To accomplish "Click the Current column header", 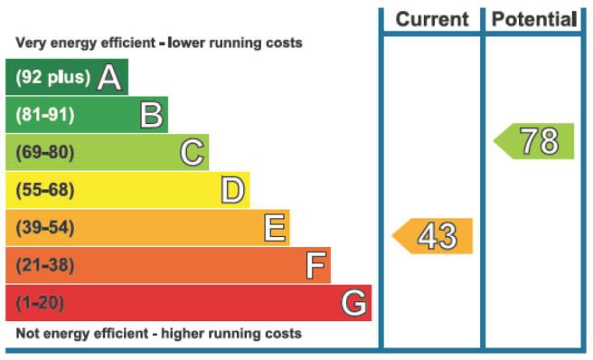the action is click(x=432, y=19).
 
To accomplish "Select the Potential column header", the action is click(x=534, y=19).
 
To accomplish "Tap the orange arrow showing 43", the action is click(x=432, y=236).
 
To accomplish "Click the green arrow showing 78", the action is click(x=533, y=141).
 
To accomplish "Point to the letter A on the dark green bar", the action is click(x=109, y=77).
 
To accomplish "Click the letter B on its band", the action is click(x=152, y=115).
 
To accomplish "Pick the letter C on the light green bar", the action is click(x=193, y=153).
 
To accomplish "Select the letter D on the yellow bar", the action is click(x=233, y=190).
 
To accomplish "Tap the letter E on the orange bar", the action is click(x=275, y=228).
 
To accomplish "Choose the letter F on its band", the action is click(x=315, y=265).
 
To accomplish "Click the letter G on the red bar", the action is click(x=354, y=302).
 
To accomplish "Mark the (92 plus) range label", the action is click(x=53, y=77).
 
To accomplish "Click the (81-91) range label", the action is click(x=45, y=115).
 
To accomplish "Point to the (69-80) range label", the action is click(x=45, y=153).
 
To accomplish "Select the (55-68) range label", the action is click(x=45, y=190).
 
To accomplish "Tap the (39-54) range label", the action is click(x=45, y=228).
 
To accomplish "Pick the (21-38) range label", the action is click(x=45, y=265).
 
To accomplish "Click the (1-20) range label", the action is click(x=40, y=302).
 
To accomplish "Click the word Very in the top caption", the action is click(x=31, y=43).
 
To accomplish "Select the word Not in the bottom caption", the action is click(x=28, y=334).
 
